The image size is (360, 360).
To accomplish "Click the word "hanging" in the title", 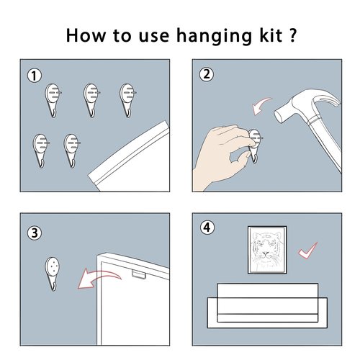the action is (x=214, y=36).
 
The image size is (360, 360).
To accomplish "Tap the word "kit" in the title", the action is (x=271, y=35).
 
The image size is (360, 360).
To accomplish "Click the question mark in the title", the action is (x=292, y=35).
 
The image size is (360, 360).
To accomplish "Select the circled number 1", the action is (x=35, y=76).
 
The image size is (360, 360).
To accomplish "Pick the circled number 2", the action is (x=207, y=74).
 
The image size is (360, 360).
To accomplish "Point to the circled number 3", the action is (x=35, y=233).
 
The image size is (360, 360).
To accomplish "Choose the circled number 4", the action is (x=207, y=228).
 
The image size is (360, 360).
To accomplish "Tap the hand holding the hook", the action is (x=221, y=157).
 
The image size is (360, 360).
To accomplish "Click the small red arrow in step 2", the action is (x=261, y=105).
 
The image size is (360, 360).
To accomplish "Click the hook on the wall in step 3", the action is (x=53, y=274).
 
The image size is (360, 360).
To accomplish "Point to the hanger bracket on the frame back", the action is (x=139, y=274).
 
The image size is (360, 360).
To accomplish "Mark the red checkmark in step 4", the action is (x=307, y=251).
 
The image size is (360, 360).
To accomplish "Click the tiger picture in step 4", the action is (x=267, y=250).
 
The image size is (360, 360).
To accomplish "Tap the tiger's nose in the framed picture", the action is (x=265, y=253).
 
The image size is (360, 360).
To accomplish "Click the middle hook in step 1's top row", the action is (x=91, y=100).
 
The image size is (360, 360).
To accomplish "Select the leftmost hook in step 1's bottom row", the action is (x=40, y=150).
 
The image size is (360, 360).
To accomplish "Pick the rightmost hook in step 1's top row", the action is (x=127, y=100).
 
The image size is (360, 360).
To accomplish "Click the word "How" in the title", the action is (x=86, y=35).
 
